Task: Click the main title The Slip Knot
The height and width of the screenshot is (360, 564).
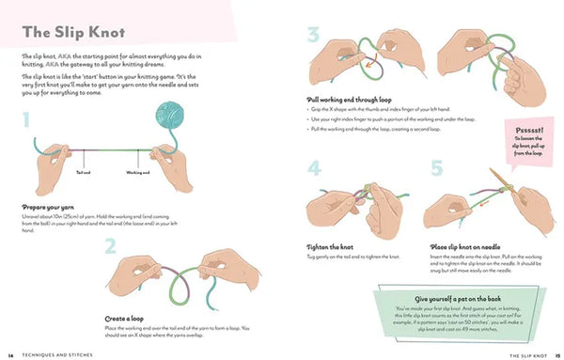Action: [x=69, y=32]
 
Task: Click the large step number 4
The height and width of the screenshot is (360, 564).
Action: [x=314, y=169]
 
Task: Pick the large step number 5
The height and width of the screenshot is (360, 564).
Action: [x=436, y=169]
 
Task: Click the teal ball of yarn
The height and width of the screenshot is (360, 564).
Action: [x=176, y=121]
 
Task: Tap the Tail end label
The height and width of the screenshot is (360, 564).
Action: [x=84, y=172]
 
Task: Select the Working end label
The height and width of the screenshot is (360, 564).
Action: [x=137, y=172]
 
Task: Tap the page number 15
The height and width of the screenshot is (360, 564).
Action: [x=555, y=354]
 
